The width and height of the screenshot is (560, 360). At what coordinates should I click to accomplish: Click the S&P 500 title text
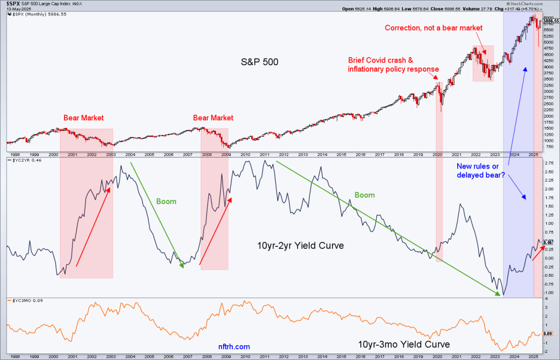pos(260,62)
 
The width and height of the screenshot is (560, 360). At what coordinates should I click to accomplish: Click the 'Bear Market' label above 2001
pos(84,118)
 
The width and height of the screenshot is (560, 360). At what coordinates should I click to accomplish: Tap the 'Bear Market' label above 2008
pos(213,118)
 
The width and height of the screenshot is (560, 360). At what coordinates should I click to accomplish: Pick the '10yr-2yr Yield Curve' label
pos(300,246)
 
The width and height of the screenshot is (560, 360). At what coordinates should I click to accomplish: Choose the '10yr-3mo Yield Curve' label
pos(404,345)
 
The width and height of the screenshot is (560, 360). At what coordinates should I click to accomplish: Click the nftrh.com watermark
pos(234,346)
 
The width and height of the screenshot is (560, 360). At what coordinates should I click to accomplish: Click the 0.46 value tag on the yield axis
pos(547,242)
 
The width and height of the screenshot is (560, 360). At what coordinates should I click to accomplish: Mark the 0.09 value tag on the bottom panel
pos(547,333)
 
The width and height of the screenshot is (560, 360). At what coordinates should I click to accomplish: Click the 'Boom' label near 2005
pos(166,201)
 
